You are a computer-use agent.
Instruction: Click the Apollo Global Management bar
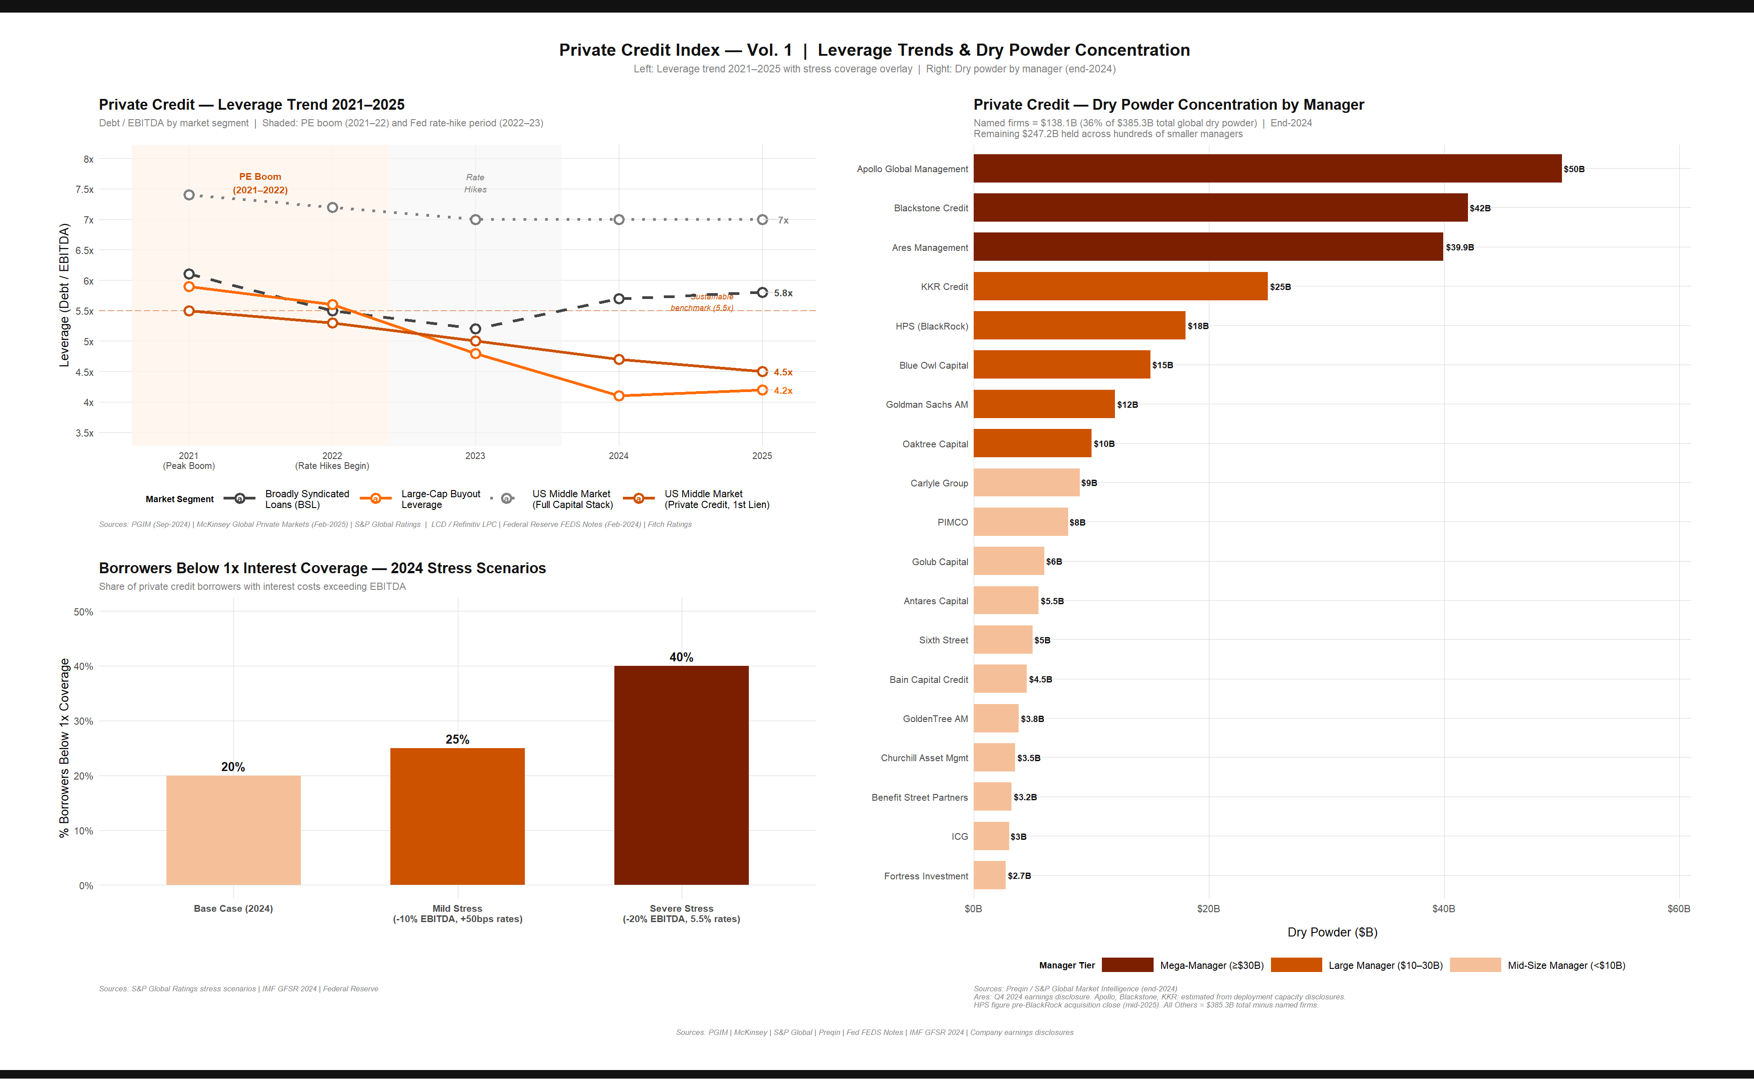[x=1266, y=169]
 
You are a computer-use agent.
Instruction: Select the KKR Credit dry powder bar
[x=1120, y=286]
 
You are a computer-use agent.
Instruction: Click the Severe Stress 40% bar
[x=681, y=775]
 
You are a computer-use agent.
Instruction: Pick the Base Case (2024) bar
[x=233, y=830]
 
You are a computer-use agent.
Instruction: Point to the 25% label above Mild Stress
[x=457, y=739]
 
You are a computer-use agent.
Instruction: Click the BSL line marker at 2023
[x=475, y=329]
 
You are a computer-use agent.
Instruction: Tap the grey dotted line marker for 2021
[x=189, y=195]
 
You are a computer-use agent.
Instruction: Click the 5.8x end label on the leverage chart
[x=783, y=293]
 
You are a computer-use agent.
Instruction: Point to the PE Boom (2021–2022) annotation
[x=260, y=183]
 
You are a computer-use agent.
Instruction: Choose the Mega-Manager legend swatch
[x=1127, y=965]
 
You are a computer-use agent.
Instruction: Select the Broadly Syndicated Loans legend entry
[x=307, y=499]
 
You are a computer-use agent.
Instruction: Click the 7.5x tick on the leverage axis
[x=84, y=190]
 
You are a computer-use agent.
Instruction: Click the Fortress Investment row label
[x=926, y=876]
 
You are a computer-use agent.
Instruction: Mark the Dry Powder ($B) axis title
[x=1332, y=932]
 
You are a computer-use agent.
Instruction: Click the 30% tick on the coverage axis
[x=84, y=721]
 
